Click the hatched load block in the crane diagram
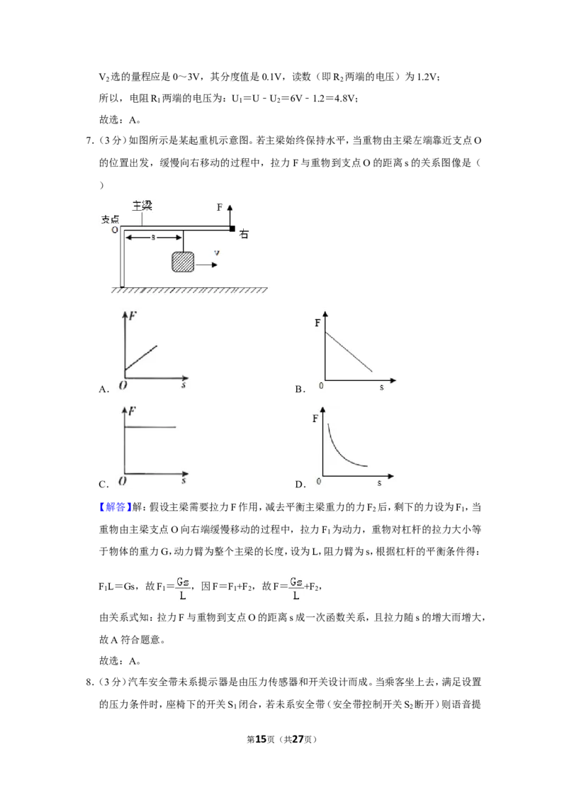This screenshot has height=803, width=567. click(183, 261)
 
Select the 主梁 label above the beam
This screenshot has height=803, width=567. click(142, 206)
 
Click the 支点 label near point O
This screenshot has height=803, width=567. click(110, 219)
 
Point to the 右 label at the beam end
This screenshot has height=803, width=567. click(244, 234)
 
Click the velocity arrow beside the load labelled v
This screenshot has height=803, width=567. click(206, 265)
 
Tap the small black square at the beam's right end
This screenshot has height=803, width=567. click(232, 228)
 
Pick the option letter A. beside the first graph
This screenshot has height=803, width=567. click(104, 389)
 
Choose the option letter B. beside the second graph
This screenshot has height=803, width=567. click(301, 389)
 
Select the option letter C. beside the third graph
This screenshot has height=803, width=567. click(104, 484)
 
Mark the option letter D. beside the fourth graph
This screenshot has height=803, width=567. click(301, 484)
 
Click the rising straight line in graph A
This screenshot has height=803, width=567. click(141, 358)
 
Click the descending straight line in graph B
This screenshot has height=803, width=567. click(349, 351)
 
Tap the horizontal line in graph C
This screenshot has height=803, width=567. click(150, 426)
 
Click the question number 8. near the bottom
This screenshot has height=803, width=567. click(89, 682)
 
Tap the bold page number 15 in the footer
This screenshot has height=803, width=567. click(261, 739)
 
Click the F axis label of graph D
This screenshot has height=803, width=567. click(315, 419)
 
